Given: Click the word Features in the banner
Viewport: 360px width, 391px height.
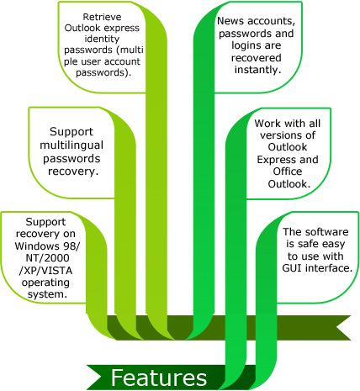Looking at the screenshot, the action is (159, 378).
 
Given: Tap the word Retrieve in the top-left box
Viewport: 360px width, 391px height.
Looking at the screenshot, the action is (102, 17).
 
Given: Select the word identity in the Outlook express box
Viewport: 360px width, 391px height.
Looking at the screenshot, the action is (102, 39).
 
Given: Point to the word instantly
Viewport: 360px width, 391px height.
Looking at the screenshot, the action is (257, 70).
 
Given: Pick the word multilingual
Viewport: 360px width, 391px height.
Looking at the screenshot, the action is (71, 145).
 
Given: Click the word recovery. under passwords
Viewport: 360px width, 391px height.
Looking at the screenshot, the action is (73, 172).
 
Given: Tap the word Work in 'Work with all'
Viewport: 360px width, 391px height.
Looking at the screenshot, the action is (267, 124).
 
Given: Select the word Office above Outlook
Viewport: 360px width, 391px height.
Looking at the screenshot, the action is (288, 172).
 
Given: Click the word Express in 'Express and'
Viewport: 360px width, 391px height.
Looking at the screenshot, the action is (275, 160).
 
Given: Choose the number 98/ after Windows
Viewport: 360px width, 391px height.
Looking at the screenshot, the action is (71, 246).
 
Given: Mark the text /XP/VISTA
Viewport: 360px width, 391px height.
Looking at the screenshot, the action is (45, 271).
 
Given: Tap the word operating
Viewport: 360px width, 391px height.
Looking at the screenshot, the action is (45, 283).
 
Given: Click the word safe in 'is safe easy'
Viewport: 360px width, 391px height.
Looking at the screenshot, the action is (308, 244).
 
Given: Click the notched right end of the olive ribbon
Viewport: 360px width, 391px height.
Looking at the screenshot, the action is (336, 328).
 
